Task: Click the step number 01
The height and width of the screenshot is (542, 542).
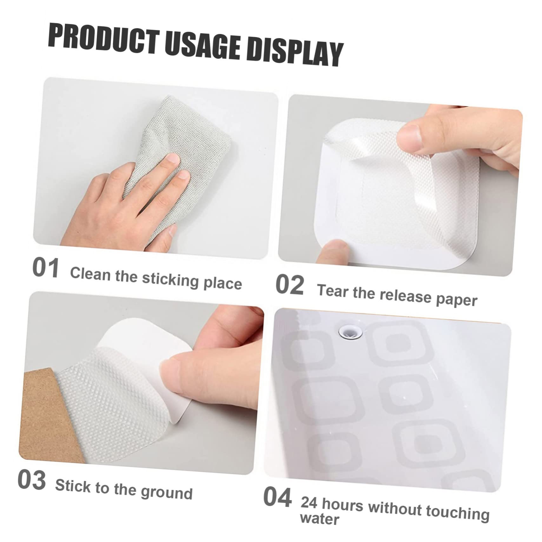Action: (x=46, y=268)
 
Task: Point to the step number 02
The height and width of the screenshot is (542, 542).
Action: (x=289, y=285)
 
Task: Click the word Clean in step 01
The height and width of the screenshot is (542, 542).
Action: (x=89, y=274)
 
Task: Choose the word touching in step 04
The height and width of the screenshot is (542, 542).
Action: (x=457, y=513)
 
